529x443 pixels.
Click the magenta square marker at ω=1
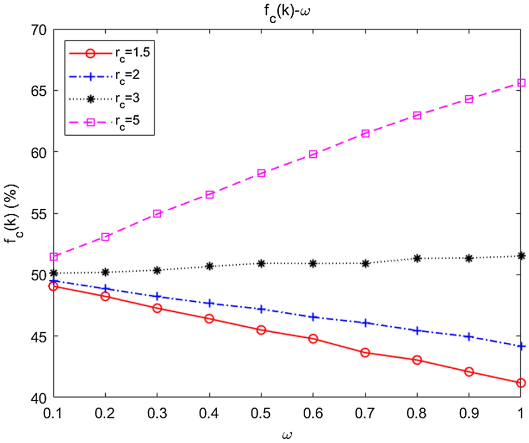click(x=521, y=83)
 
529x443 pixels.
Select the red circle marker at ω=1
click(x=521, y=383)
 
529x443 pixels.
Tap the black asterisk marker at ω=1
click(x=521, y=255)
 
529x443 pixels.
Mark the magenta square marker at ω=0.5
click(x=261, y=173)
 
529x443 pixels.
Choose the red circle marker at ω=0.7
click(x=365, y=352)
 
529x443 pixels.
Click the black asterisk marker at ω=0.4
click(x=209, y=266)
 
